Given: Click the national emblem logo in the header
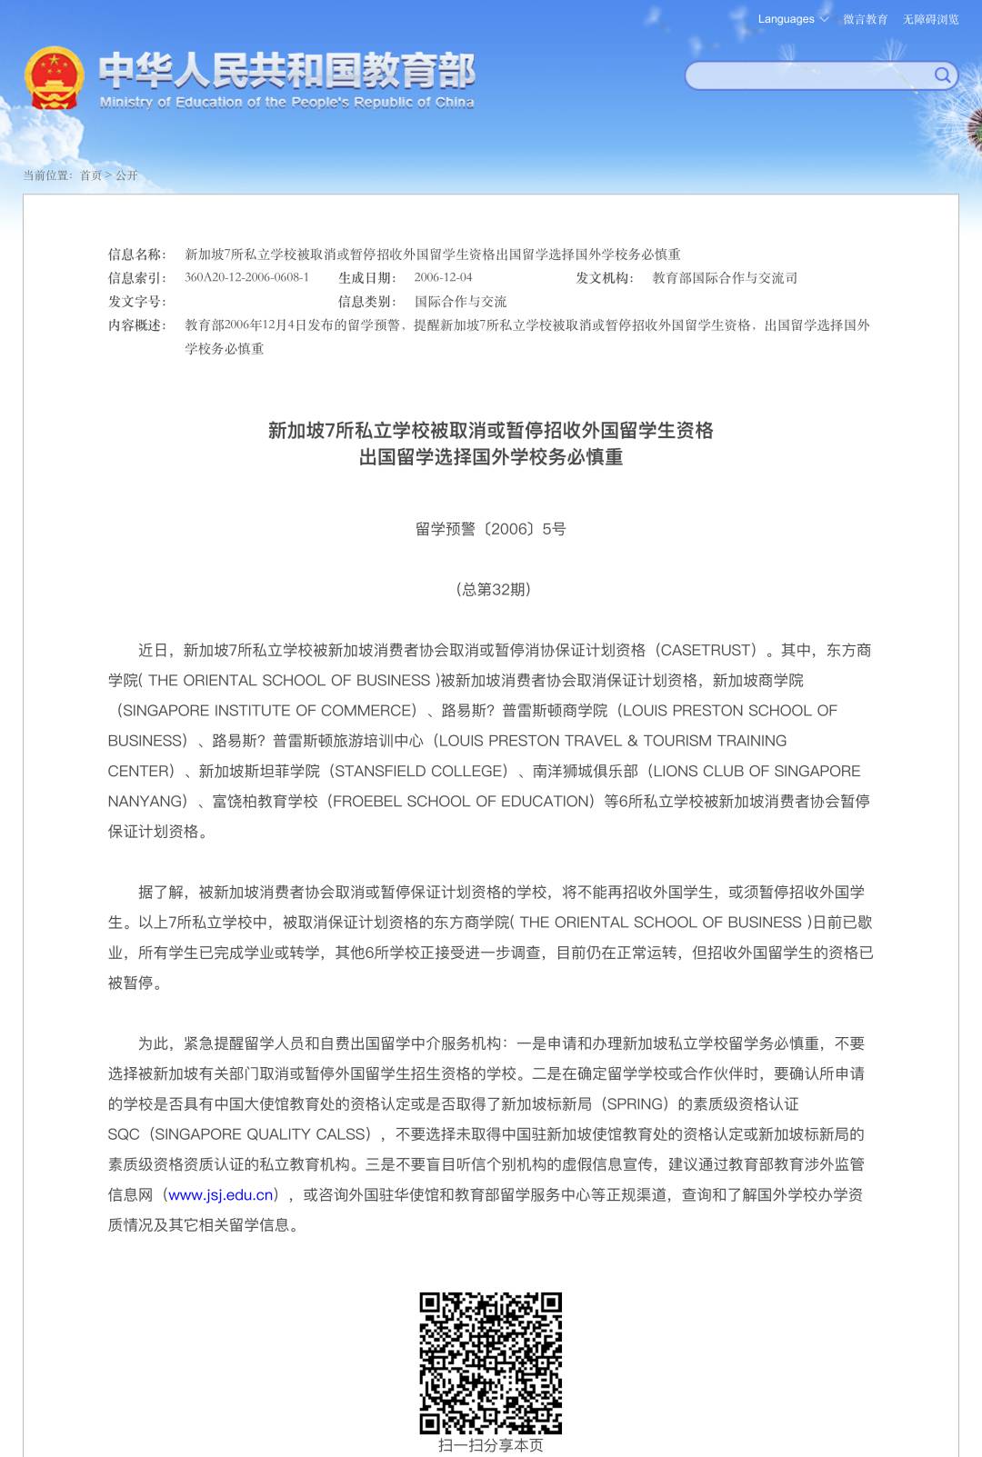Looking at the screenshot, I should [x=55, y=78].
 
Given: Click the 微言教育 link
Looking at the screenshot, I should [x=865, y=19].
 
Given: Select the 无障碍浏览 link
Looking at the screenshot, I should [x=930, y=19].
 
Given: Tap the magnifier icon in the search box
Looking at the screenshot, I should [x=943, y=75].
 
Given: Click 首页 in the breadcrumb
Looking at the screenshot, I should [x=91, y=175].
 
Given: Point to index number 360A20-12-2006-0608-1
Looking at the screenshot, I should [x=246, y=277].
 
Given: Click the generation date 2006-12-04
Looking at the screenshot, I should [x=443, y=277].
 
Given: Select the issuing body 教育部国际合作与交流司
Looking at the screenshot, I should [x=725, y=278].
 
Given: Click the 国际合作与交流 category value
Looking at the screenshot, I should [x=460, y=302].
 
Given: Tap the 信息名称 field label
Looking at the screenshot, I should [x=136, y=254].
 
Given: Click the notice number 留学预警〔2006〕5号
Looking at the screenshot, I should [x=490, y=529].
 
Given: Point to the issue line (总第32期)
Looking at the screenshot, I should [x=492, y=589].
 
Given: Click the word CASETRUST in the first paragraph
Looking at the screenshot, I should [x=708, y=650].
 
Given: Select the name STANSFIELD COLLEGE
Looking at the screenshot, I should [x=418, y=771].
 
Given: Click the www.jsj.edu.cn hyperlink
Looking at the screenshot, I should [x=222, y=1194].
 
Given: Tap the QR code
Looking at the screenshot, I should [x=491, y=1362].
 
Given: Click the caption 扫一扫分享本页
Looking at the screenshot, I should [x=491, y=1445].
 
